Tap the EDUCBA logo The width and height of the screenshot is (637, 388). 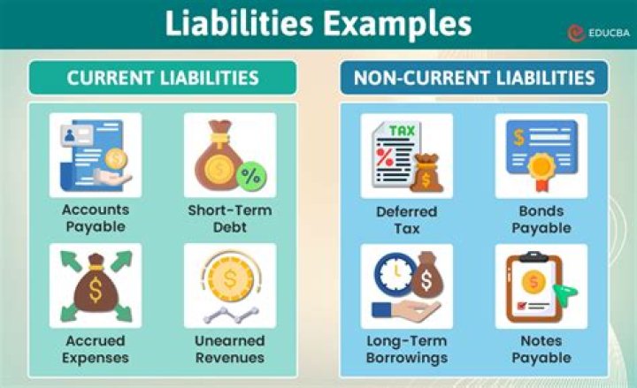[596, 31]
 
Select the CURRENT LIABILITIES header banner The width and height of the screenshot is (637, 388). [163, 78]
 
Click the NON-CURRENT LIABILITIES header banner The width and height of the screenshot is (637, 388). [474, 78]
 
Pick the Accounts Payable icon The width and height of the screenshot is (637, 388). [95, 155]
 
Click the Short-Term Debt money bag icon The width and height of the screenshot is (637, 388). [229, 155]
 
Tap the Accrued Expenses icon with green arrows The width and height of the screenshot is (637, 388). [95, 285]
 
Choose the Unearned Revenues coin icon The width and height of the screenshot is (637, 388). [229, 285]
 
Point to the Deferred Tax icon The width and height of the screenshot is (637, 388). [406, 155]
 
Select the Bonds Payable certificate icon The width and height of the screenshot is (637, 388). [541, 155]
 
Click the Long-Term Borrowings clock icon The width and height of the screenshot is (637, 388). [406, 285]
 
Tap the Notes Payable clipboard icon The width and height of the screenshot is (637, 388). [541, 285]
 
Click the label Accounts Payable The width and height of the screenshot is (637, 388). [95, 217]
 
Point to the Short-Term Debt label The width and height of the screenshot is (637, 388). [229, 217]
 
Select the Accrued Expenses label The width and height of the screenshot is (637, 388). [95, 349]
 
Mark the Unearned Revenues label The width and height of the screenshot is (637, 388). [229, 349]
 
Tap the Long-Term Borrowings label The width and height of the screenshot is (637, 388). [406, 349]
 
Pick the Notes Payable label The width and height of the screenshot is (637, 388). [541, 349]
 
